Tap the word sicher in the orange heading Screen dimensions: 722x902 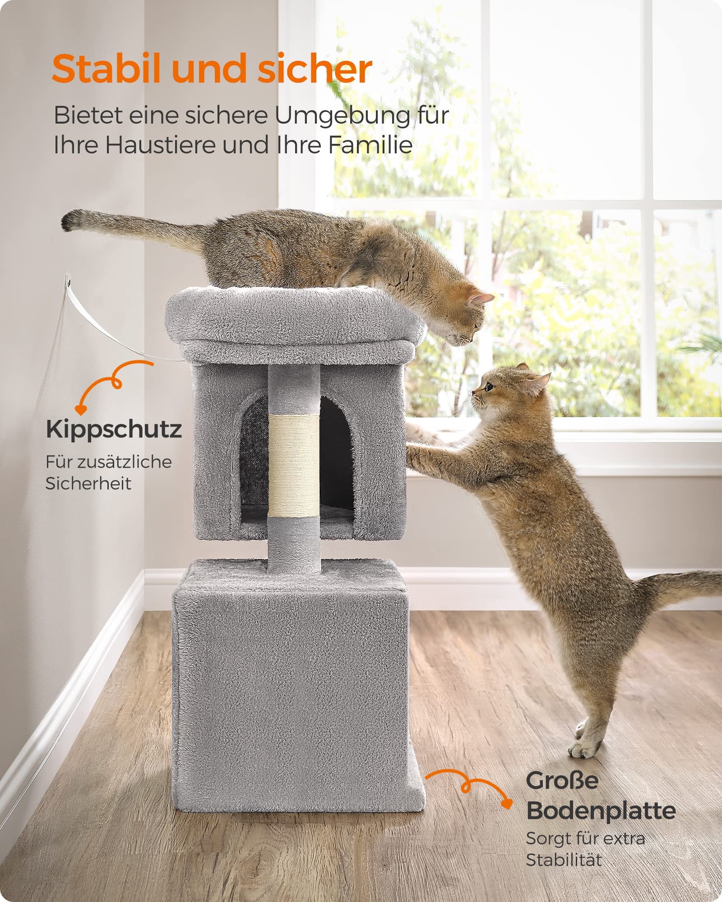click(x=315, y=69)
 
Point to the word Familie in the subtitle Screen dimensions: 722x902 click(x=370, y=145)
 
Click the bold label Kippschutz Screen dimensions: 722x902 click(x=114, y=430)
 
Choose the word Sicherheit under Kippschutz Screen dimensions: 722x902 click(x=88, y=483)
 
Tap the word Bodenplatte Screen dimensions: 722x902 click(x=601, y=810)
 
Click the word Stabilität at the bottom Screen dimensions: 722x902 click(x=564, y=860)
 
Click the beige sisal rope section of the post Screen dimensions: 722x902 click(x=294, y=465)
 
